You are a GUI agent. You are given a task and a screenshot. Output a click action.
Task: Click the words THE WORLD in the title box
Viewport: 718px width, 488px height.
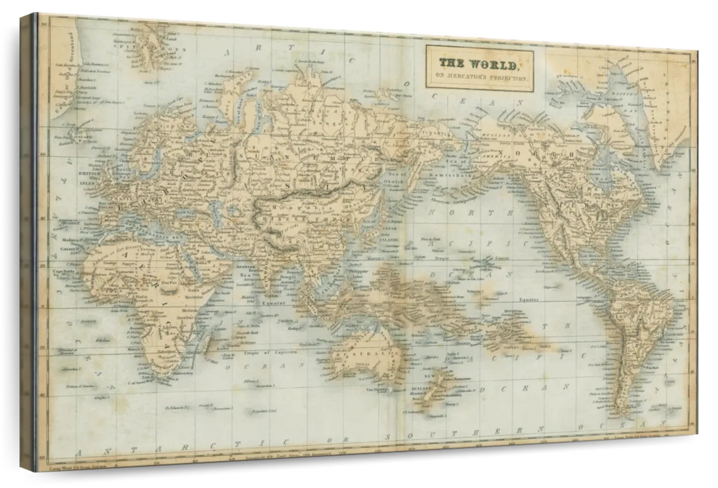[x=479, y=63]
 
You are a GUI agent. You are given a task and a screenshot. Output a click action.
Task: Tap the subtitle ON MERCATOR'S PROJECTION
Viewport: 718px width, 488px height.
[x=479, y=78]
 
